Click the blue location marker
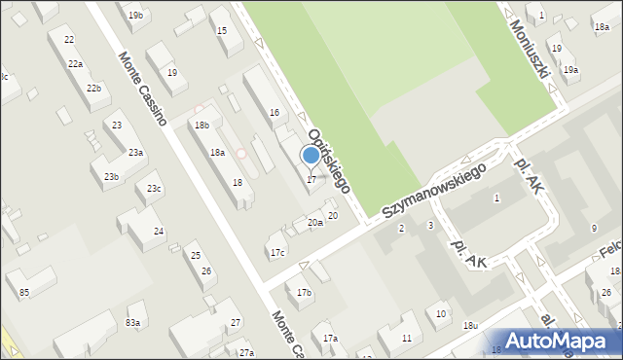pos(311,155)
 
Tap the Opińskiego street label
pos(329,159)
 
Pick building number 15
pos(222,30)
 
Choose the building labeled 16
pos(275,113)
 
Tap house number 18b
pos(202,125)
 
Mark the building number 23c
pos(154,188)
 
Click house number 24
pos(158,232)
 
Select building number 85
pos(23,292)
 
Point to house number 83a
pos(133,322)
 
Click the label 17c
pos(277,252)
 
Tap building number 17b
pos(304,292)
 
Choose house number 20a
pos(314,223)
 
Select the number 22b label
pos(93,89)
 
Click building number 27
pos(235,322)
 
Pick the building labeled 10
pos(441,313)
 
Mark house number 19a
pos(570,69)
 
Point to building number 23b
pos(112,176)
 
